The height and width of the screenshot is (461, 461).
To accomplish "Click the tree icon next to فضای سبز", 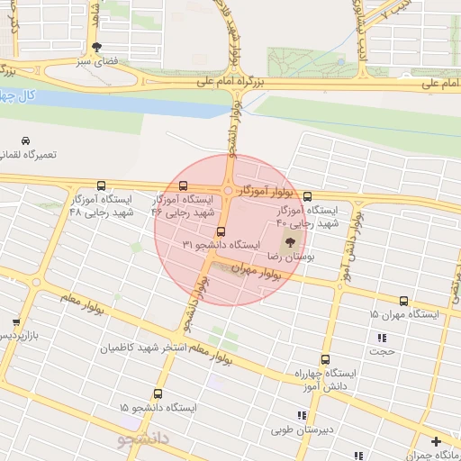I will pyautogui.click(x=96, y=49).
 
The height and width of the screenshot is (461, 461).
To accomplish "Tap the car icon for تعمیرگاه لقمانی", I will pyautogui.click(x=26, y=141).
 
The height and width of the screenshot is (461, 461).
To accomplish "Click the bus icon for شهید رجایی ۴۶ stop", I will pyautogui.click(x=184, y=185).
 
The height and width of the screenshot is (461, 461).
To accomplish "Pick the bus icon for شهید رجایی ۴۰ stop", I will pyautogui.click(x=307, y=195).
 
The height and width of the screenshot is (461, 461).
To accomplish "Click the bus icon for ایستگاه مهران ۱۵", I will pyautogui.click(x=403, y=301).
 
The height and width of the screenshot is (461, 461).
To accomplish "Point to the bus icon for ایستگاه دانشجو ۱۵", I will pyautogui.click(x=158, y=393).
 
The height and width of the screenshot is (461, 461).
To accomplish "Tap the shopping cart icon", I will pyautogui.click(x=15, y=321).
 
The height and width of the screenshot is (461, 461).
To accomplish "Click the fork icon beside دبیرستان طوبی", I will pyautogui.click(x=302, y=415).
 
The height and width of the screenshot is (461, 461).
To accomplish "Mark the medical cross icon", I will pyautogui.click(x=437, y=441).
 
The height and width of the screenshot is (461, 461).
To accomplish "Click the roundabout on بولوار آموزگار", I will pyautogui.click(x=230, y=191).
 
